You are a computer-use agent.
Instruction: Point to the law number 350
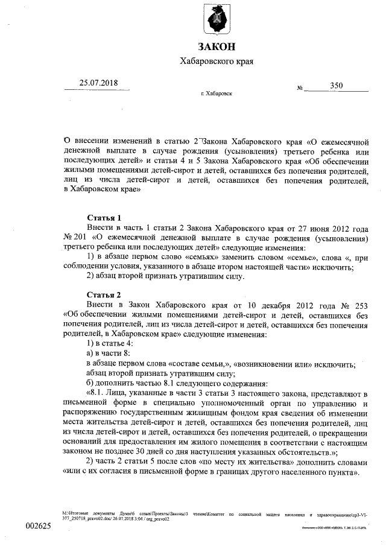coord(336,86)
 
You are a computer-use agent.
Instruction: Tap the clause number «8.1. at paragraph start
coord(100,392)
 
